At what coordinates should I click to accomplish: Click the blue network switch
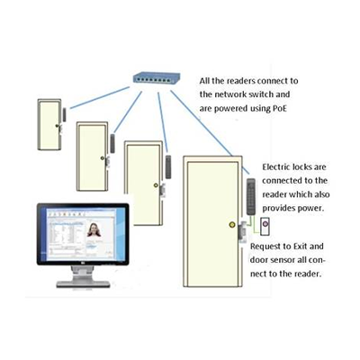tap(157, 78)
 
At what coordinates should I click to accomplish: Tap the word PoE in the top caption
tap(279, 108)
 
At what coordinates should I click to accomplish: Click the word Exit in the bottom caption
tap(300, 247)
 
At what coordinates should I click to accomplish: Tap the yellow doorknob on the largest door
tap(232, 224)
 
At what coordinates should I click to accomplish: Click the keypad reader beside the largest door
tap(251, 196)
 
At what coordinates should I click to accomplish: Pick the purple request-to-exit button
tap(265, 224)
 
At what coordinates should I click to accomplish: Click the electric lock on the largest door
tap(242, 231)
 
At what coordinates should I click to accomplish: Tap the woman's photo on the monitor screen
tap(94, 229)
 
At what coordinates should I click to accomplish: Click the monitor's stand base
tap(83, 284)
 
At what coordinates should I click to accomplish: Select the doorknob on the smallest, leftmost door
tap(57, 126)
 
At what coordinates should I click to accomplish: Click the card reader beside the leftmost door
tap(64, 114)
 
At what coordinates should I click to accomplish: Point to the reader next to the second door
tap(112, 143)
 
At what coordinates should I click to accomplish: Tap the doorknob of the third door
tap(156, 185)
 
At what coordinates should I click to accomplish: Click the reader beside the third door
tap(168, 166)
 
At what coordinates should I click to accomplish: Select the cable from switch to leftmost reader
tap(100, 97)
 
